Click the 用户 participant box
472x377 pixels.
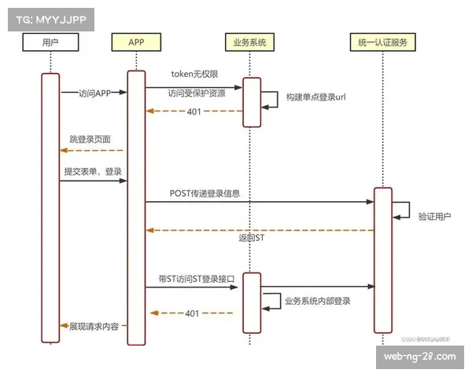50,42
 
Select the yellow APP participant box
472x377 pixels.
136,42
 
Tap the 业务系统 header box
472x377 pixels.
251,42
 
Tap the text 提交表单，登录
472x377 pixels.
93,171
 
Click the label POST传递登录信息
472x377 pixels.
205,192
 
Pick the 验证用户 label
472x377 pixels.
435,217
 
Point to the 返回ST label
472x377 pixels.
253,237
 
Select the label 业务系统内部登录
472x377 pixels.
318,301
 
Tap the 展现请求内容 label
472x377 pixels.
94,325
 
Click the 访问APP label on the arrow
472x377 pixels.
95,93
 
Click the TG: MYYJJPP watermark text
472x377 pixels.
48,19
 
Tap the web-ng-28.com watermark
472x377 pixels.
419,357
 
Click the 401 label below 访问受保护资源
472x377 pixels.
194,112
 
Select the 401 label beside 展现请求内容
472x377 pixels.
191,313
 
